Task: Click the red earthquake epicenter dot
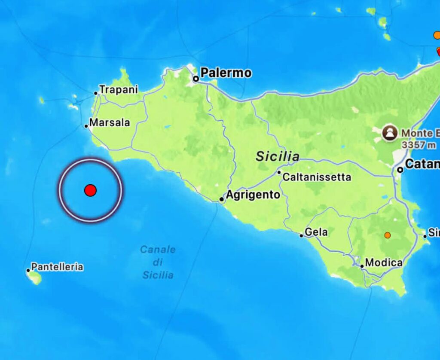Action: pos(90,190)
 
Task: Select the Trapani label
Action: pos(119,90)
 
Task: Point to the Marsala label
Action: pos(110,122)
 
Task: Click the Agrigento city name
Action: pos(253,195)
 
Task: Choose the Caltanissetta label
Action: pos(317,177)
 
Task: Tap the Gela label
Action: pos(316,232)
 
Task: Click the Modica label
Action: pos(384,262)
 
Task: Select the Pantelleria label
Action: pos(57,267)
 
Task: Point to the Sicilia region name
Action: pos(278,157)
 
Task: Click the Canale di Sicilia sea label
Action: pos(158,262)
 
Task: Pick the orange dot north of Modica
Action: pos(388,235)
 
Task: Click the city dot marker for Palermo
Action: pos(196,79)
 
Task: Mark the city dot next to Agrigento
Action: pos(222,199)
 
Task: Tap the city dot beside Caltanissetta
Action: pos(279,173)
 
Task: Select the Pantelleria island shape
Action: pos(34,278)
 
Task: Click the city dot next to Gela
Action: pos(302,235)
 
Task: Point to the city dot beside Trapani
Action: pos(96,93)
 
